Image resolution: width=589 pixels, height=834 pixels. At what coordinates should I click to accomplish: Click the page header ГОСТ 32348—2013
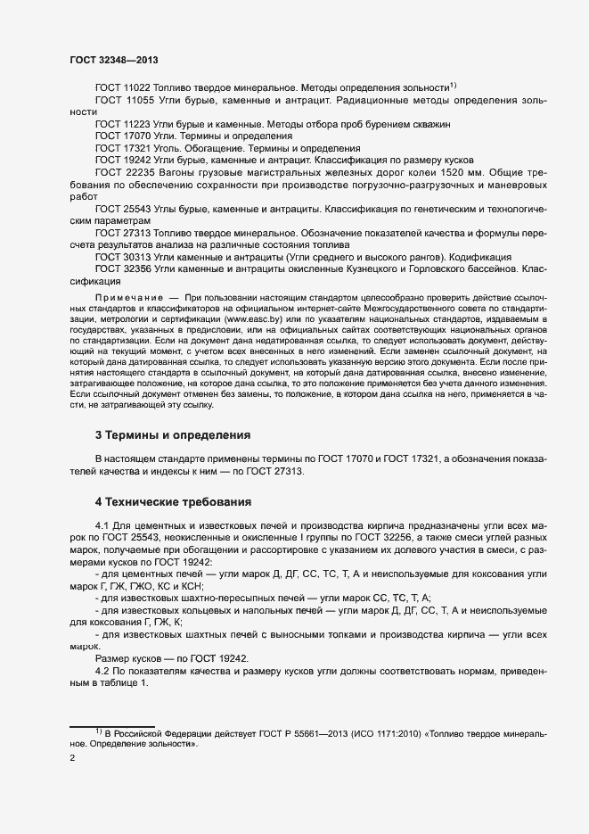pyautogui.click(x=114, y=59)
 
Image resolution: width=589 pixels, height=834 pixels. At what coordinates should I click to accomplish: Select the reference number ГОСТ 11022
pyautogui.click(x=121, y=87)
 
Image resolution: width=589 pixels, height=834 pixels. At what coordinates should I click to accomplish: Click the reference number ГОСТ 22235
pyautogui.click(x=122, y=170)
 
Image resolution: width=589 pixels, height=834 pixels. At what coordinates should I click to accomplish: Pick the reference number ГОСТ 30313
pyautogui.click(x=121, y=256)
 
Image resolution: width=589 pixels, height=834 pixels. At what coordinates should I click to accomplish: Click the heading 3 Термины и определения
pyautogui.click(x=172, y=435)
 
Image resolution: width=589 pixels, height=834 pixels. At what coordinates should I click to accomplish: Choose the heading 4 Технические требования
pyautogui.click(x=173, y=501)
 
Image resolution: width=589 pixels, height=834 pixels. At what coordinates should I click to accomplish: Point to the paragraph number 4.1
pyautogui.click(x=102, y=528)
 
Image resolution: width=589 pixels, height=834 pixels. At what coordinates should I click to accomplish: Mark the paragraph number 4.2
pyautogui.click(x=102, y=669)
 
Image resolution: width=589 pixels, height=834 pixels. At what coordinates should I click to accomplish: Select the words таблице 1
pyautogui.click(x=115, y=681)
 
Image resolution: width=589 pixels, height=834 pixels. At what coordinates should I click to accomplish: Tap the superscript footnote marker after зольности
pyautogui.click(x=453, y=85)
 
